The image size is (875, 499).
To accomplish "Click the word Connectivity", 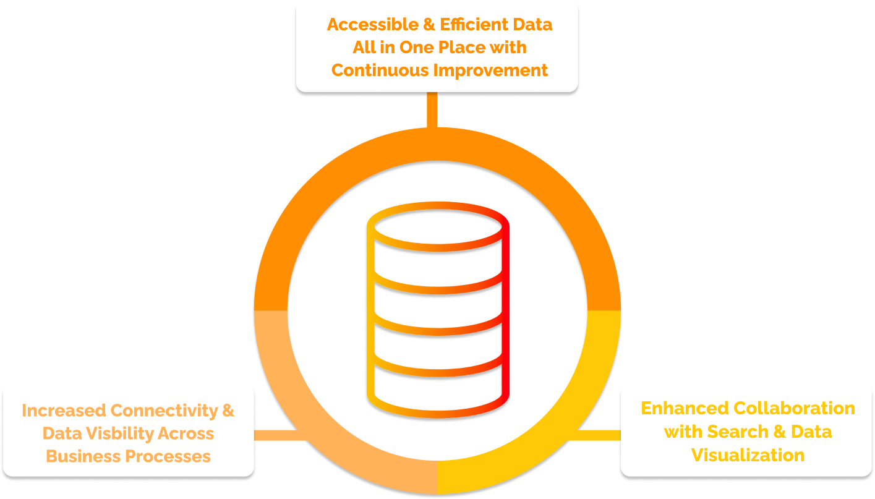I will tap(164, 411).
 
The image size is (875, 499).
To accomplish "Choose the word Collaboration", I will tap(794, 409).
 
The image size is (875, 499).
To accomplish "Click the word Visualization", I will tap(748, 455).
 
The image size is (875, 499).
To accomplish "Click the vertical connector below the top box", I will tap(432, 109).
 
